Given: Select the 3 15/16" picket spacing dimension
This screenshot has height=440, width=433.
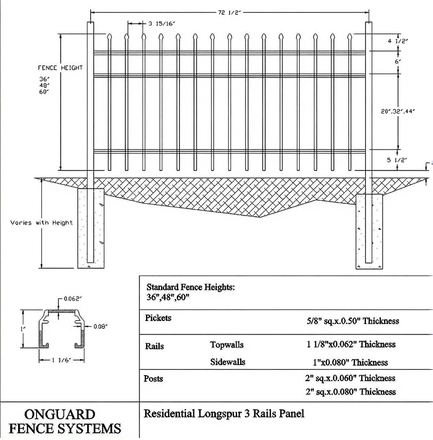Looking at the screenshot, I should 162,24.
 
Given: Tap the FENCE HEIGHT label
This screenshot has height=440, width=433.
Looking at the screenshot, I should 60,68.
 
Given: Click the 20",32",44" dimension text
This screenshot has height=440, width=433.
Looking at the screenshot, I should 398,111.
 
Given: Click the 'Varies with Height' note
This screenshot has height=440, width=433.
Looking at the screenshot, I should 42,223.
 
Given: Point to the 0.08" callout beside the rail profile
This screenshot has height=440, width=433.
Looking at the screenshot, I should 100,326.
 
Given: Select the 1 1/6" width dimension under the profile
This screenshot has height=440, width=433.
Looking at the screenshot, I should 62,360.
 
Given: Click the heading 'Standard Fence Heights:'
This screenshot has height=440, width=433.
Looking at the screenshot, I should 191,287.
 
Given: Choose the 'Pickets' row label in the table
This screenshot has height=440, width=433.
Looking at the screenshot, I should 158,318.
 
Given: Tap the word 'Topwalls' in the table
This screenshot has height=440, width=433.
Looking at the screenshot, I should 227,345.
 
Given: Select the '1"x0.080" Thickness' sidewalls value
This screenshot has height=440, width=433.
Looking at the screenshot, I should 350,362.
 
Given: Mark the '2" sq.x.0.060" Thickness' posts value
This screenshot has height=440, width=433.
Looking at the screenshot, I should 350,378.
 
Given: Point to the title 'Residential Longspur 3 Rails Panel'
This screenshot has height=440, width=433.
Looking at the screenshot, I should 224,413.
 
